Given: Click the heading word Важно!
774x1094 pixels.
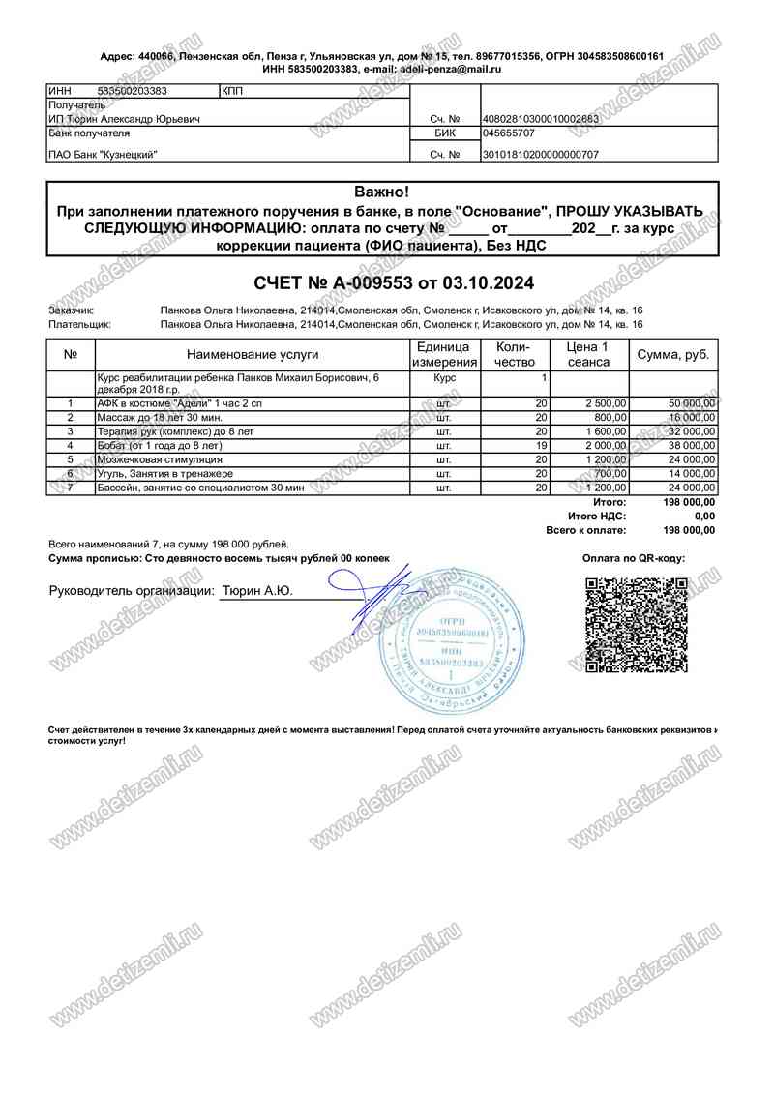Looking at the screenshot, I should pyautogui.click(x=381, y=192).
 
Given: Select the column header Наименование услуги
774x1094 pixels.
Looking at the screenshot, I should pyautogui.click(x=250, y=355).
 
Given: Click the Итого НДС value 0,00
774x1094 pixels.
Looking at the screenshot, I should pyautogui.click(x=704, y=517).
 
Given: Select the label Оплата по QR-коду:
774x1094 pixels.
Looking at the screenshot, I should pyautogui.click(x=633, y=559).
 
